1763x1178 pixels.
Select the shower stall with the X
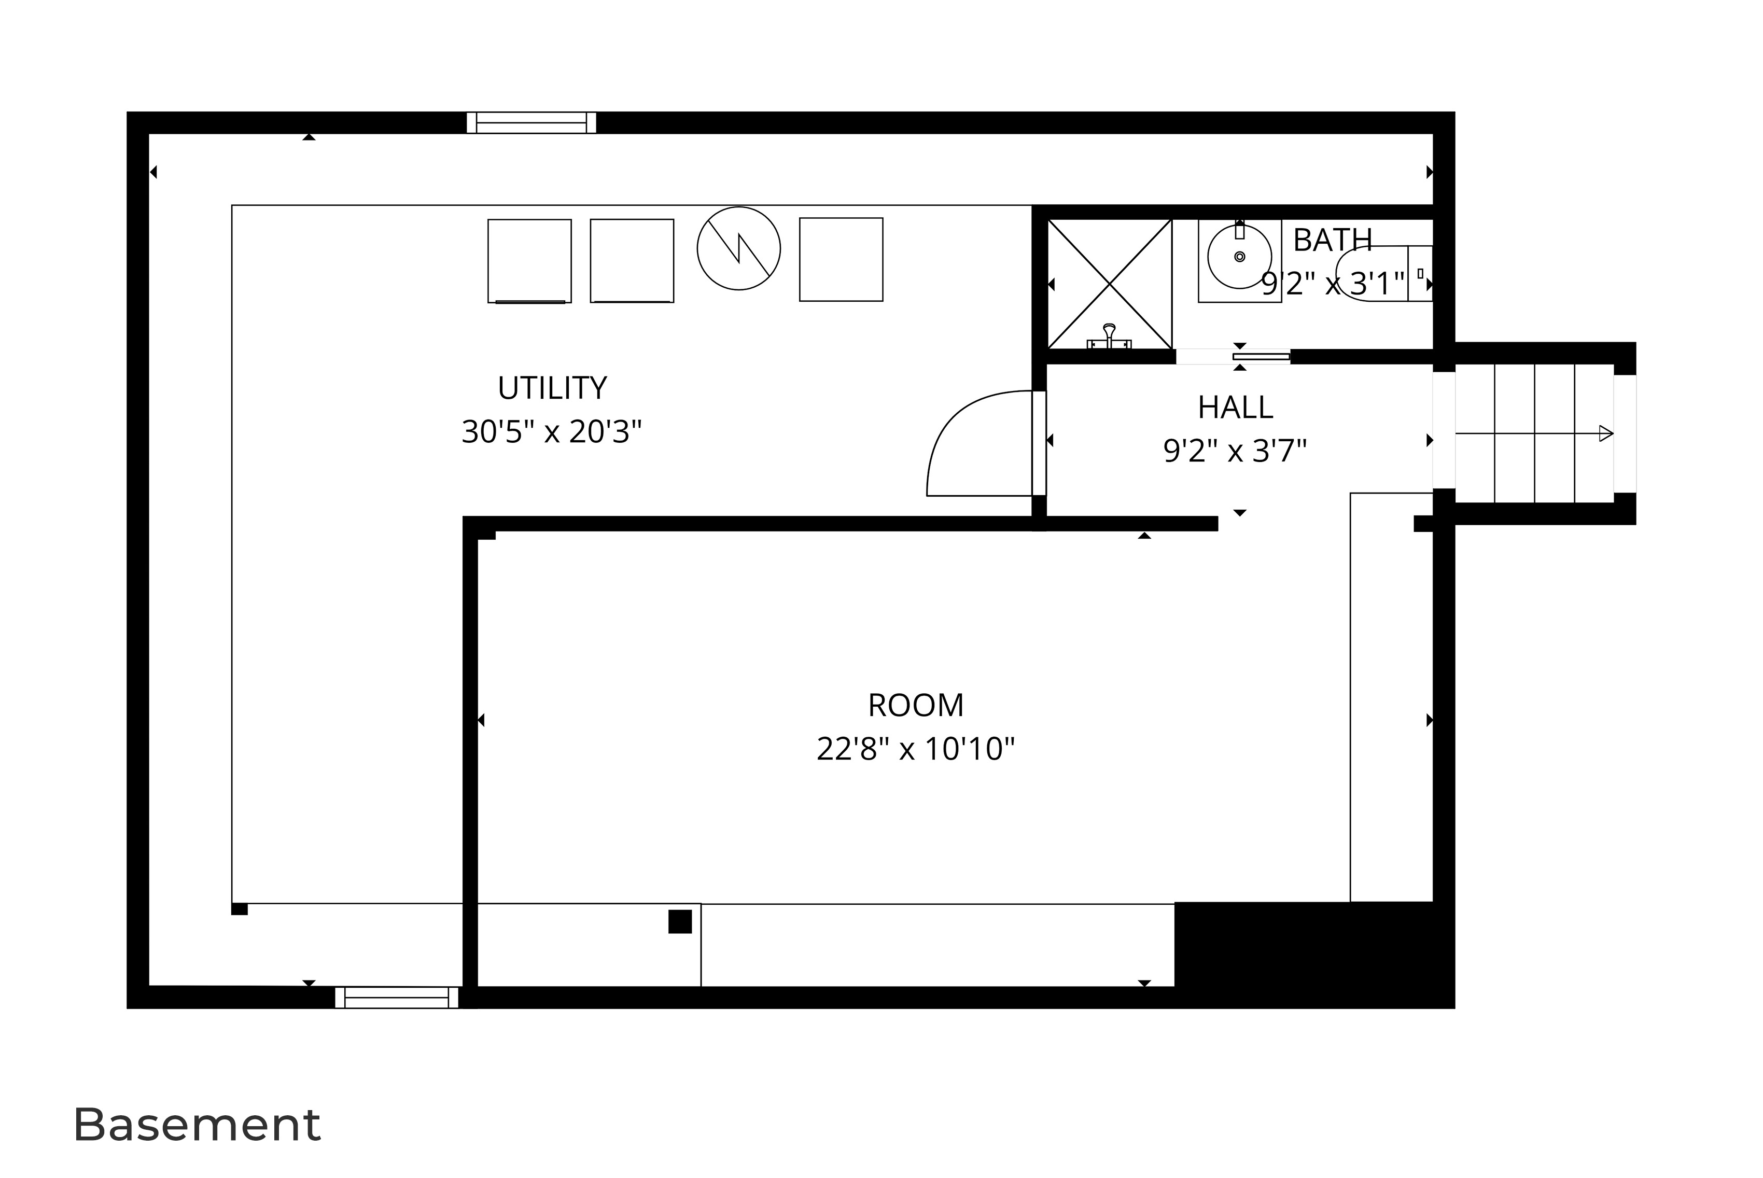point(1110,284)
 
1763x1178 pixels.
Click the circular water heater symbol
point(738,248)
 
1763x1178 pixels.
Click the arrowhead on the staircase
point(1605,433)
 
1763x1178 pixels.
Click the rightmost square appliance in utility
point(841,260)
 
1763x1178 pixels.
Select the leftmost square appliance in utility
point(529,261)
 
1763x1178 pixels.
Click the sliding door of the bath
point(1261,357)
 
